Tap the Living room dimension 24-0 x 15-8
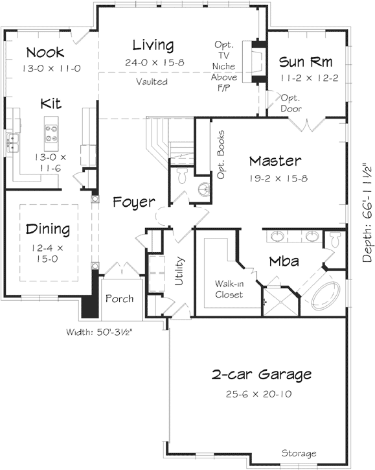tap(153, 62)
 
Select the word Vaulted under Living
tap(152, 82)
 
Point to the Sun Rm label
tap(306, 62)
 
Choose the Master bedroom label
tap(275, 161)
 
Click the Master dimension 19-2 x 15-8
tap(275, 176)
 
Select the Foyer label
tap(133, 202)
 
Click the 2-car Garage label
tap(262, 374)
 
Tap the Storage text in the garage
tap(299, 453)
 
